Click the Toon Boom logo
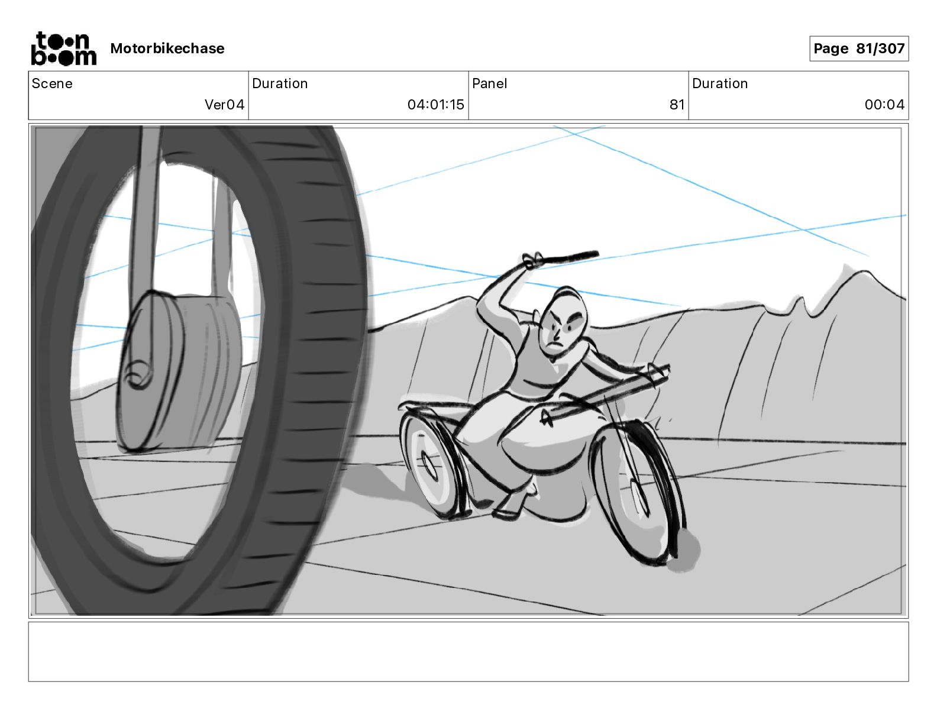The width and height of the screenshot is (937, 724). coord(63,49)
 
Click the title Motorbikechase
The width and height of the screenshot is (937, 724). coord(167,49)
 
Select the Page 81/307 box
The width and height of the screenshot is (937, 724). coord(858,49)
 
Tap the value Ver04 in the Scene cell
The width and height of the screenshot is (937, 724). coord(224,105)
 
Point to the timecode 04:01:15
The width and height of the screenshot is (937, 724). coord(435,105)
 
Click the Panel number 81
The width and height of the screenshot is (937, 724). coord(677,105)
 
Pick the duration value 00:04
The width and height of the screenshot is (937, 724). coord(884,105)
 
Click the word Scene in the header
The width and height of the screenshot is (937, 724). coord(52,83)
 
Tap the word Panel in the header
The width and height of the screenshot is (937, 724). coord(489,83)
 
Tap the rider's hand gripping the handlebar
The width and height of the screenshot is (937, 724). coord(657,373)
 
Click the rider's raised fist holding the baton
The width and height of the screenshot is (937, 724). coord(532,260)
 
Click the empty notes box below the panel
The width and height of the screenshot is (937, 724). coord(468,651)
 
